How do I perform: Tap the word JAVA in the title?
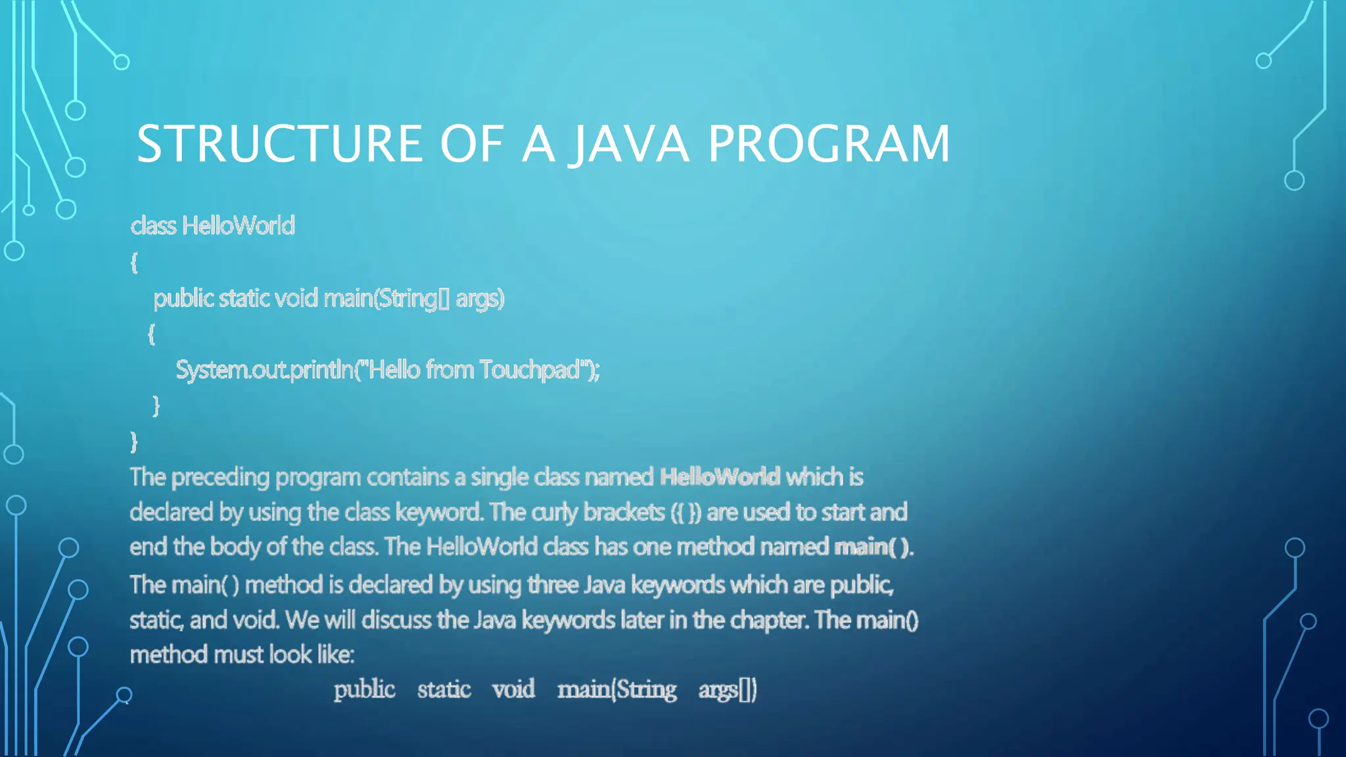click(630, 144)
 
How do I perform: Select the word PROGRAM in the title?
click(829, 144)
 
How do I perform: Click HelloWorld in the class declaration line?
click(238, 226)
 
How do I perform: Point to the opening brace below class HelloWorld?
click(134, 263)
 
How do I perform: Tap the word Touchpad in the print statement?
click(530, 370)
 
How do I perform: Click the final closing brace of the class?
click(134, 442)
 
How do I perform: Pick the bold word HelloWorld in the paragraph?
click(720, 477)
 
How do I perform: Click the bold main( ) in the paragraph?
click(873, 547)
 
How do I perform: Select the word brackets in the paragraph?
click(624, 513)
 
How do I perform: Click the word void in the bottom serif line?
click(513, 689)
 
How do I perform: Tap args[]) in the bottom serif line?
click(728, 690)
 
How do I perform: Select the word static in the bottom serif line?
click(444, 689)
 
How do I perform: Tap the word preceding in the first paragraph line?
click(220, 478)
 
